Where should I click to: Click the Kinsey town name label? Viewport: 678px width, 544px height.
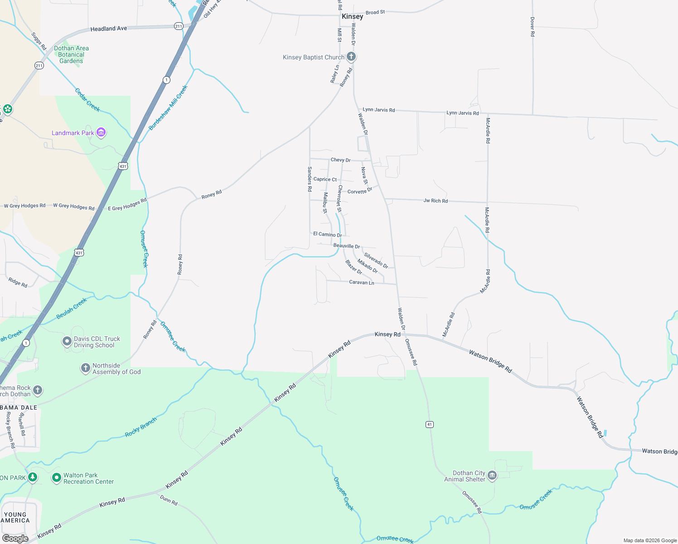coord(352,16)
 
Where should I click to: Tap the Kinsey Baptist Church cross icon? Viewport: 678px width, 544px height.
coord(351,57)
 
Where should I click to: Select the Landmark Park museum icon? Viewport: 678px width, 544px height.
coord(101,132)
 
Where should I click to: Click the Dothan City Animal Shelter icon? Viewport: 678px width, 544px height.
coord(492,476)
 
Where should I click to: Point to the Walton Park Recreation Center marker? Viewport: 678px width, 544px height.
coord(57,478)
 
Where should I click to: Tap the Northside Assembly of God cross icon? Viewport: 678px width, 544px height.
coord(86,368)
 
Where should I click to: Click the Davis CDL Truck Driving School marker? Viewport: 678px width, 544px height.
coord(67,341)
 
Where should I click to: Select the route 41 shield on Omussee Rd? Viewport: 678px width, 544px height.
coord(430,424)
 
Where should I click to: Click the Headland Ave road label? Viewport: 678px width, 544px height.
coord(109,29)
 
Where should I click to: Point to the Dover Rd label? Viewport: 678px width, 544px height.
coord(533,27)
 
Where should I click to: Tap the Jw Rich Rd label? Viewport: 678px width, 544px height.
coord(436,200)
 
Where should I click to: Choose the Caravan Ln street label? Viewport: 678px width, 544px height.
coord(362,282)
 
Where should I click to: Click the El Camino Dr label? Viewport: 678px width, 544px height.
coord(328,234)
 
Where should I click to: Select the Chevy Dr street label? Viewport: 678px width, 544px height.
coord(340,160)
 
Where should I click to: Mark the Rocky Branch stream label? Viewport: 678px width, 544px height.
coord(141,427)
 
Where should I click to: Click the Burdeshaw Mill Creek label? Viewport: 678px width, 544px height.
coord(168,108)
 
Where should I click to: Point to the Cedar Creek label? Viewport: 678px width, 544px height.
coord(87,100)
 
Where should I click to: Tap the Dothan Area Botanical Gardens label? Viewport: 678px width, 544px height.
coord(71,54)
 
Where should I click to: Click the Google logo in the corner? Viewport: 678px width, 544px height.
coord(15,538)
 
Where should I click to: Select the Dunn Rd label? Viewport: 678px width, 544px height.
coord(169,500)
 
